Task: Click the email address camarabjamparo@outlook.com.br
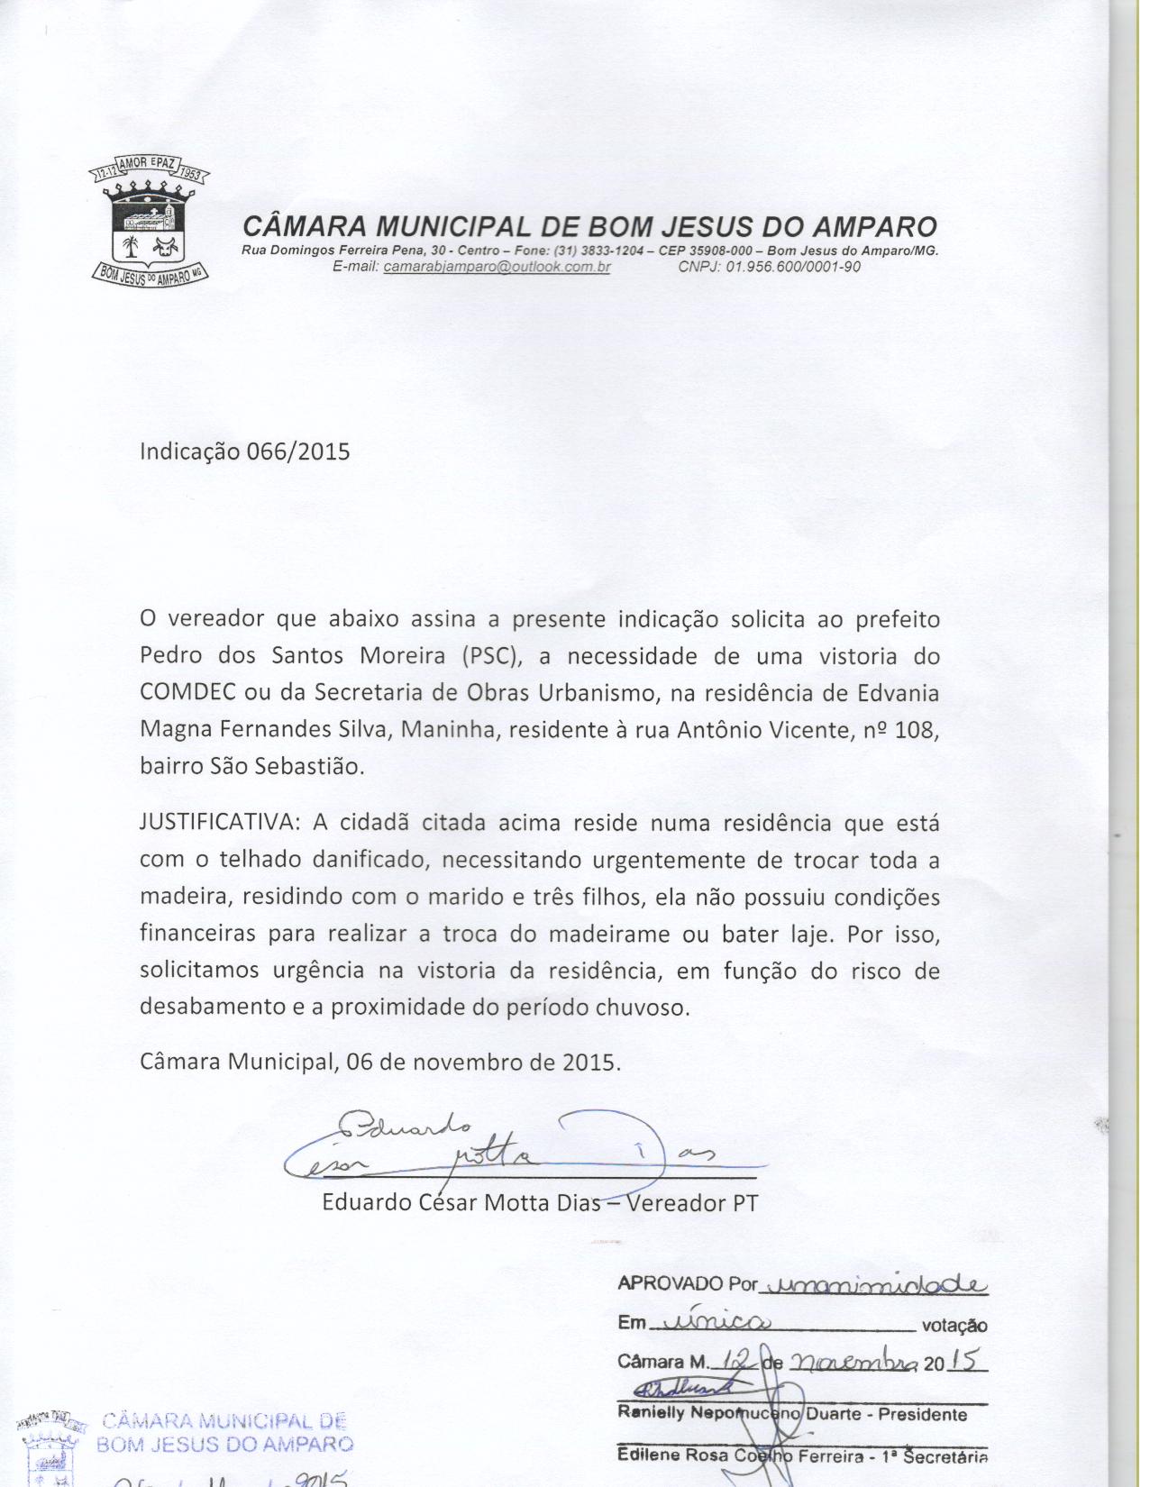(497, 267)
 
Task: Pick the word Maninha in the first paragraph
(448, 729)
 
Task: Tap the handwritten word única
(709, 1322)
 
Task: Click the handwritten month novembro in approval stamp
(853, 1362)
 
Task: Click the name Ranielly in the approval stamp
(651, 1414)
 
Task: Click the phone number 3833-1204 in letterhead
(617, 251)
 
